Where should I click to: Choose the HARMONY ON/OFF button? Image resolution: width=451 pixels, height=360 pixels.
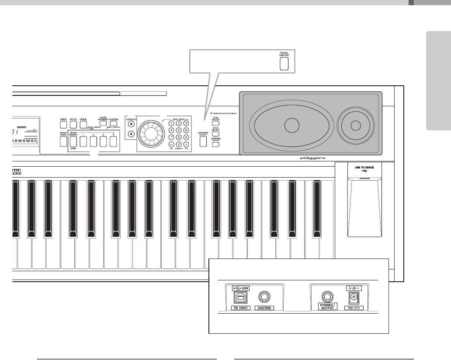pyautogui.click(x=215, y=145)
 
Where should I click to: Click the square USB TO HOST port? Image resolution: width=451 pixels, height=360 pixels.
pyautogui.click(x=239, y=297)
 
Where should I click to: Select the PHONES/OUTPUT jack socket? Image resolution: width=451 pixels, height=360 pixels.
pyautogui.click(x=326, y=297)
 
